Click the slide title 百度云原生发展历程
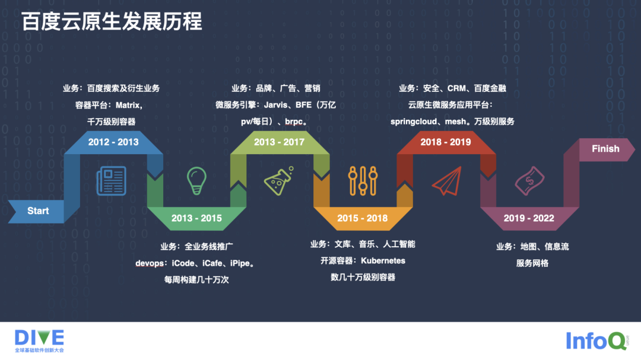[x=112, y=21]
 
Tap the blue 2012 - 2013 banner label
[x=113, y=142]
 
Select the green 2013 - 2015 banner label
[x=196, y=218]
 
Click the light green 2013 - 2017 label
[x=280, y=142]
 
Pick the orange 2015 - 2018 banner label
[x=362, y=218]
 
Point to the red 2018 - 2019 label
[x=446, y=142]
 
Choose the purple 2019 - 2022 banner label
[x=528, y=218]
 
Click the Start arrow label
[x=38, y=211]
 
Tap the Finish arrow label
[x=605, y=149]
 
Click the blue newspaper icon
[x=112, y=180]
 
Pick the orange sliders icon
[x=363, y=180]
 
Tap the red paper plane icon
[x=446, y=181]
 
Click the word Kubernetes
[x=383, y=260]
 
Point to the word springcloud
[x=414, y=121]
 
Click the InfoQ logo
[x=595, y=340]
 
